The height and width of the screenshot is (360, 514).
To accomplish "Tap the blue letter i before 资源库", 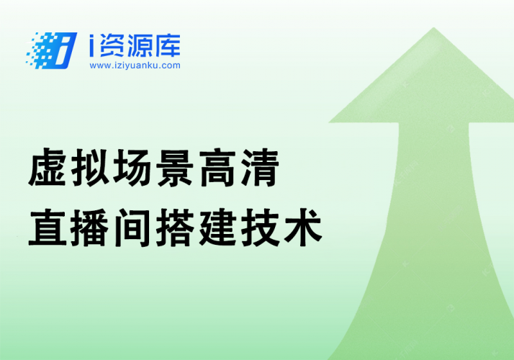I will click(x=93, y=47).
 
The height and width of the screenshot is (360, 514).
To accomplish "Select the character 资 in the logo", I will click(x=115, y=46).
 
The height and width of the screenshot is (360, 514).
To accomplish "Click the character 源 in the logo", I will click(x=141, y=46).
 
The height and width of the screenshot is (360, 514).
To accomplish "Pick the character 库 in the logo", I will click(x=168, y=46).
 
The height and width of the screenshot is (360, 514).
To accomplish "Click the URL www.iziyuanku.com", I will click(x=135, y=66).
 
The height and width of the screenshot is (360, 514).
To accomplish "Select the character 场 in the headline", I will click(x=134, y=171).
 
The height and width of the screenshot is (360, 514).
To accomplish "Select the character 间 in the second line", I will click(x=134, y=227).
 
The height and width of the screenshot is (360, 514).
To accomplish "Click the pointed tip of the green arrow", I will click(x=434, y=30).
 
